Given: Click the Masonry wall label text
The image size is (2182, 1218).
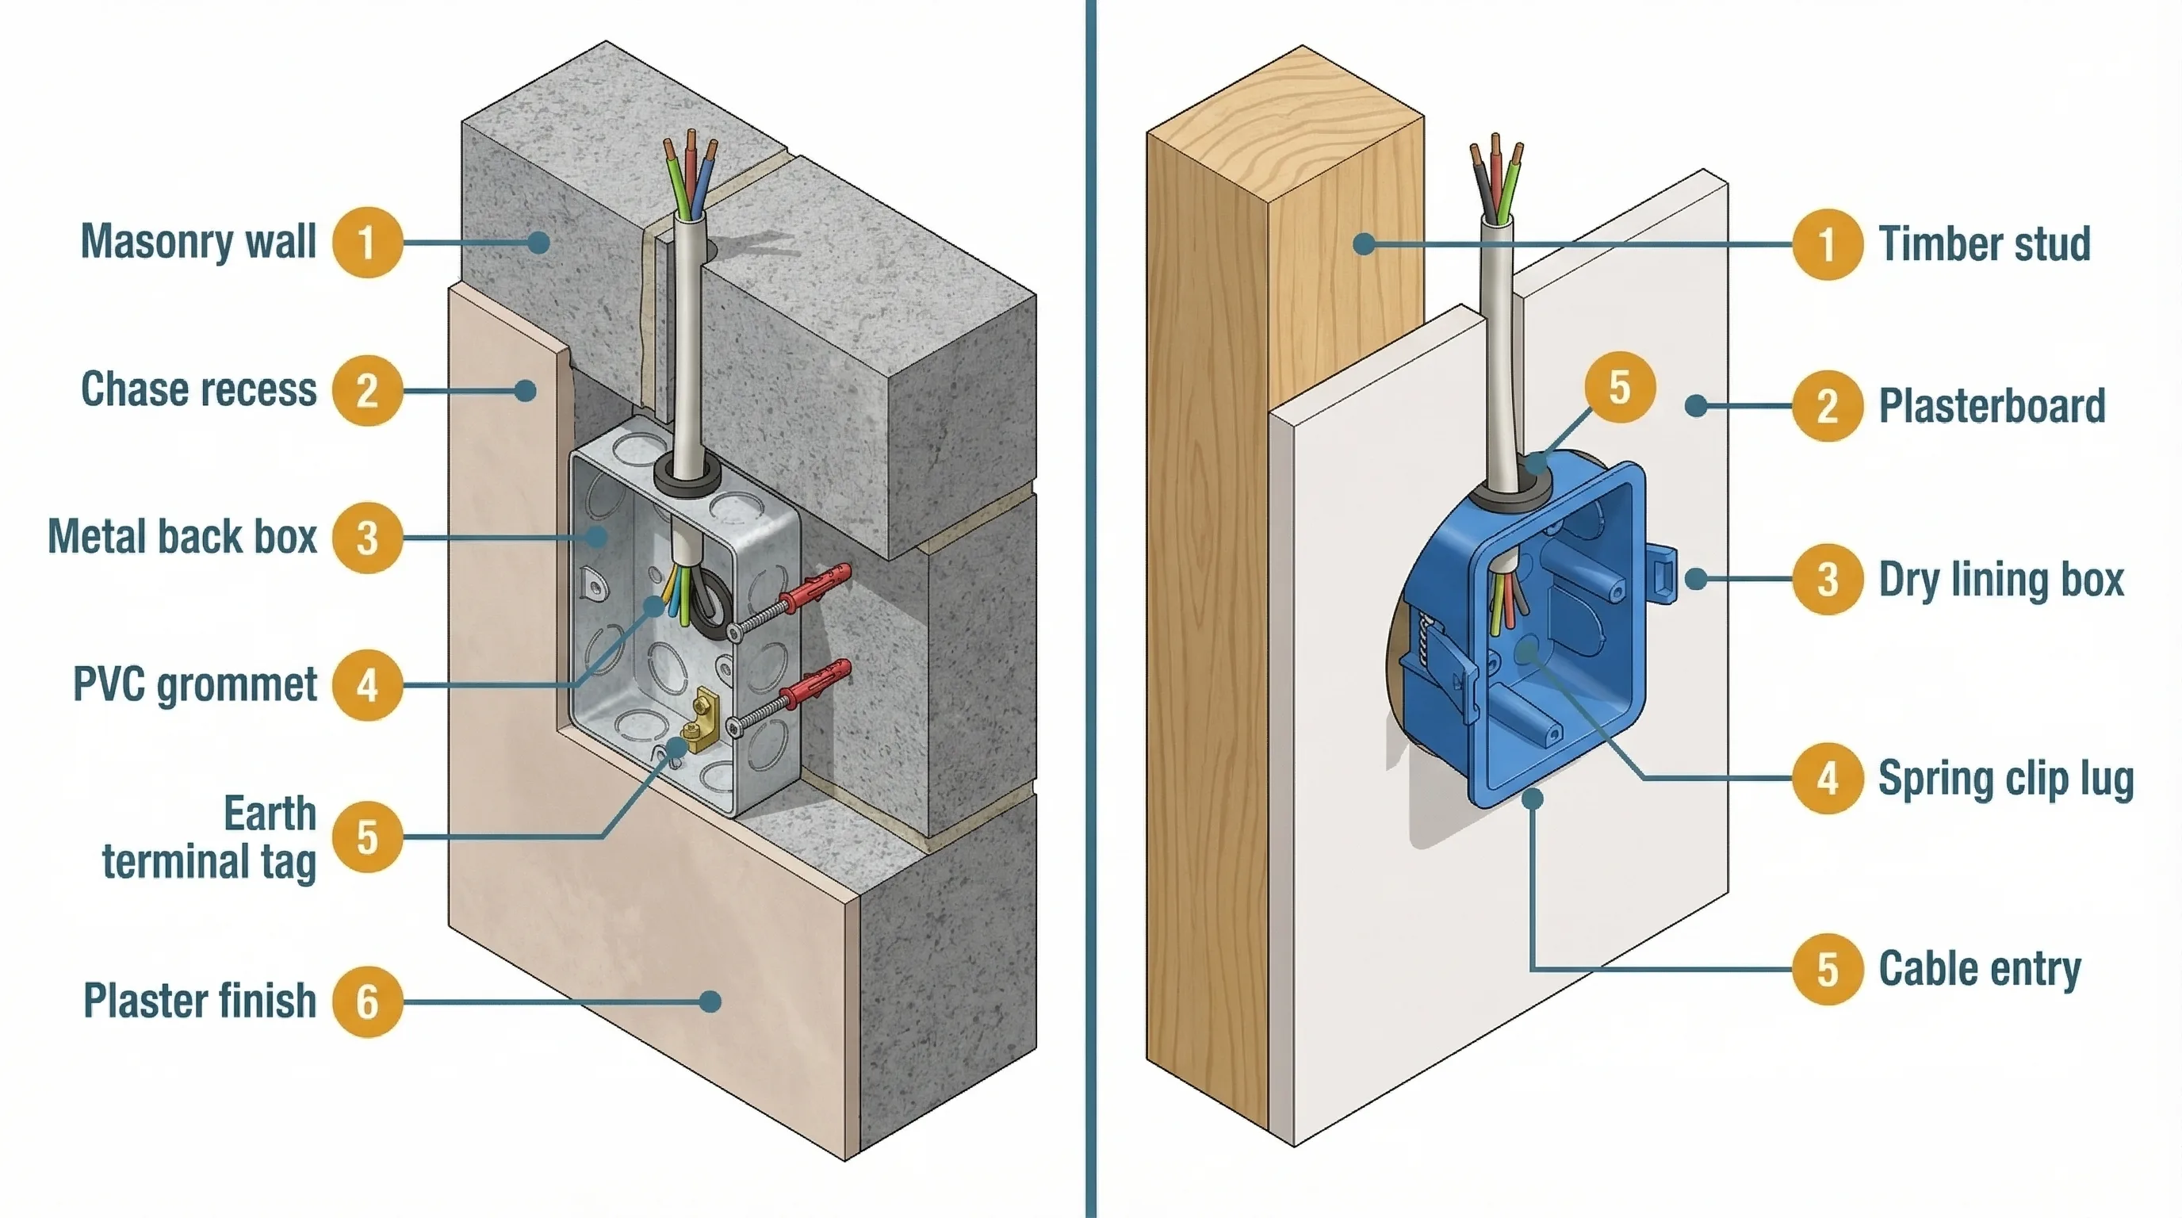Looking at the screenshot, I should [x=198, y=241].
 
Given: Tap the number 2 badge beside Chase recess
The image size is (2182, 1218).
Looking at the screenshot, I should [x=367, y=390].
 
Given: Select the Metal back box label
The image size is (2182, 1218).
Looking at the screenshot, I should [x=182, y=537].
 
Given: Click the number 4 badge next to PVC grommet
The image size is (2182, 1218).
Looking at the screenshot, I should [x=367, y=685].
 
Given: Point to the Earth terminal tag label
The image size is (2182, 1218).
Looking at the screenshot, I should [x=209, y=837].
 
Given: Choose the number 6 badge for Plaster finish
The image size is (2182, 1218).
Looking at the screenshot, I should [x=367, y=1002].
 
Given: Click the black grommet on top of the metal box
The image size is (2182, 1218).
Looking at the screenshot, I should [x=687, y=475].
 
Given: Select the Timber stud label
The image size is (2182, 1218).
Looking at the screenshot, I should [x=1985, y=244].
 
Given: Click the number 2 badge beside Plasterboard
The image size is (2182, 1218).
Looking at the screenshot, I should [x=1827, y=406].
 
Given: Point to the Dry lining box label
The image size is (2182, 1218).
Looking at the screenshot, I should [x=2000, y=580].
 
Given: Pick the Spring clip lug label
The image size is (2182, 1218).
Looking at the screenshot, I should [x=2005, y=779].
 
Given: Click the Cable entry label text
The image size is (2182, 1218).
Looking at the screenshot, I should [x=1980, y=969].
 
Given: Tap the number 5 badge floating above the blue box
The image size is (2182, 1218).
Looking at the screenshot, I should [x=1619, y=387].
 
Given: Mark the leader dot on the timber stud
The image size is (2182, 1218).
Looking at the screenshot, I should [x=1363, y=244].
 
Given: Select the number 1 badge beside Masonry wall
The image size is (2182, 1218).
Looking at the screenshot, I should [x=367, y=242].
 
